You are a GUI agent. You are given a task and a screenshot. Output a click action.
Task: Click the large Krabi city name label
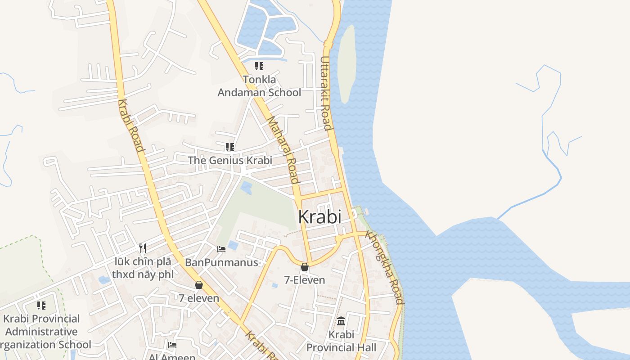pyautogui.click(x=319, y=217)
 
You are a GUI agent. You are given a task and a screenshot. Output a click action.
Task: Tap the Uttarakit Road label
pyautogui.click(x=326, y=93)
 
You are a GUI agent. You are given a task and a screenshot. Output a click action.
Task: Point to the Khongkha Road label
pyautogui.click(x=385, y=267)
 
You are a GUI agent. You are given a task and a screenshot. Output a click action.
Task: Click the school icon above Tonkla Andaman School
pyautogui.click(x=259, y=66)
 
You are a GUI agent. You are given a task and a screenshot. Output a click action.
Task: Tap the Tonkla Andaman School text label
pyautogui.click(x=259, y=86)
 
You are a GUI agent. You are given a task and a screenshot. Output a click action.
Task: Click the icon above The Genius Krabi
pyautogui.click(x=230, y=147)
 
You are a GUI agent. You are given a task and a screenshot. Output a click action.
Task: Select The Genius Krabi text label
pyautogui.click(x=230, y=160)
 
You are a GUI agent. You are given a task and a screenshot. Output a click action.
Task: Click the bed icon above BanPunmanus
pyautogui.click(x=221, y=249)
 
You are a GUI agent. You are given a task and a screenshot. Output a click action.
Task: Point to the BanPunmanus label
pyautogui.click(x=221, y=262)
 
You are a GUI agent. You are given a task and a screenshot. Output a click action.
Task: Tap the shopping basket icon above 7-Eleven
pyautogui.click(x=305, y=267)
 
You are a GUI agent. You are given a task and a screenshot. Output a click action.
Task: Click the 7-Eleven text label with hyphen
pyautogui.click(x=305, y=280)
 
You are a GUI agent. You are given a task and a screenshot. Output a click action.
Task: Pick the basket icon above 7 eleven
pyautogui.click(x=199, y=285)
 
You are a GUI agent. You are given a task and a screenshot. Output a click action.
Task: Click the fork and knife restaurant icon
pyautogui.click(x=143, y=248)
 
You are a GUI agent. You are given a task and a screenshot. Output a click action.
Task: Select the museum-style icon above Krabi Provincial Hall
pyautogui.click(x=341, y=321)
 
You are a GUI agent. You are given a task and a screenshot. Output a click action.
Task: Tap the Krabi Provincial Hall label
pyautogui.click(x=341, y=341)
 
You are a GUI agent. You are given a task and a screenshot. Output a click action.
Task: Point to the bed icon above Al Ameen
pyautogui.click(x=172, y=345)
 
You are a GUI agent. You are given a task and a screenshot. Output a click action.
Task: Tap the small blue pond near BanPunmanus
pyautogui.click(x=233, y=245)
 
